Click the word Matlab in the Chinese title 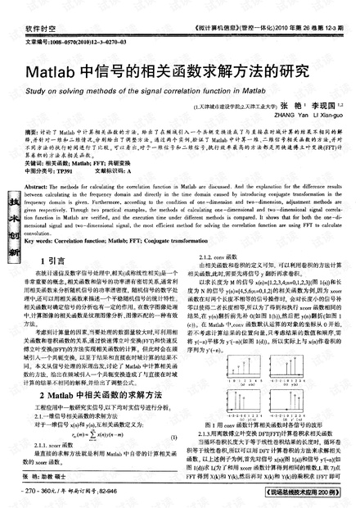[50, 71]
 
